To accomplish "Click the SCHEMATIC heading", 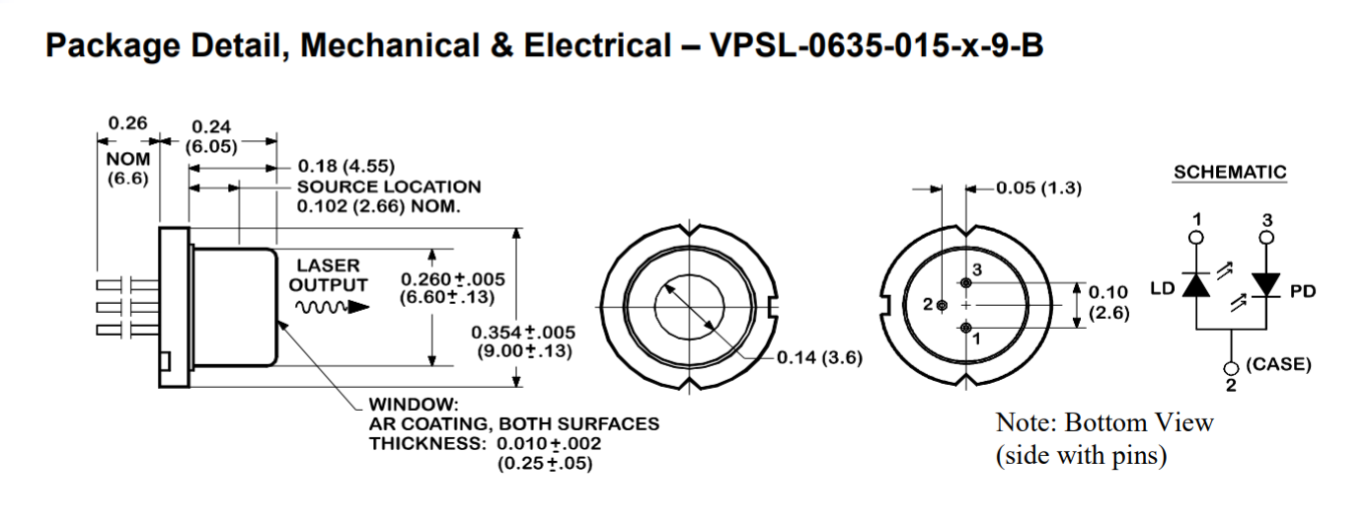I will (1230, 173).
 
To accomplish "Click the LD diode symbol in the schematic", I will (1196, 284).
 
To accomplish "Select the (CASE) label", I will (1278, 364).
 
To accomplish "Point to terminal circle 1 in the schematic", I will (1196, 237).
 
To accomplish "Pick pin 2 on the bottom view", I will (942, 305).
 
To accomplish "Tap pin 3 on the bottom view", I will (965, 283).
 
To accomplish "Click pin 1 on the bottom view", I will (965, 328).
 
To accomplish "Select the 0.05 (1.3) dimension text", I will (1038, 189).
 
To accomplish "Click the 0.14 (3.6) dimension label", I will (818, 357).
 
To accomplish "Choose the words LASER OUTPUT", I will (328, 275).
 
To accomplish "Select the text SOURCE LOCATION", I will (389, 187).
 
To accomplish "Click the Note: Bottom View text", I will (1104, 422).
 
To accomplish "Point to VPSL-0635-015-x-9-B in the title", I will (876, 46).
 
